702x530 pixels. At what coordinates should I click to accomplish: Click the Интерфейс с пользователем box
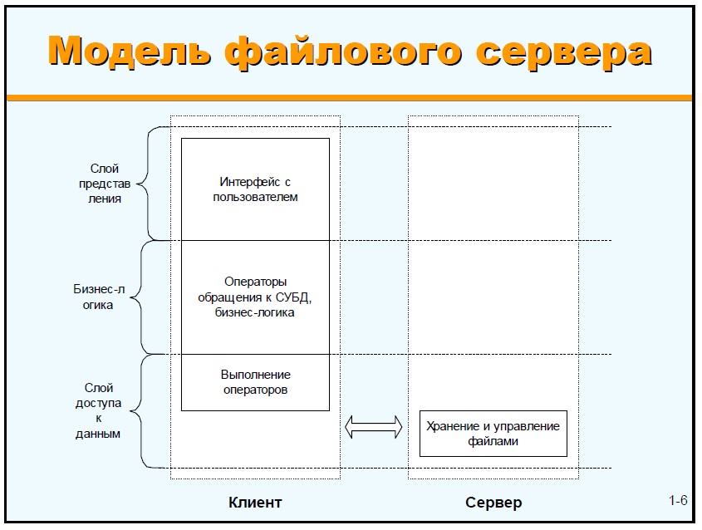pyautogui.click(x=255, y=189)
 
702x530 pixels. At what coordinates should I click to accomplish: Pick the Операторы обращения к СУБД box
pyautogui.click(x=255, y=297)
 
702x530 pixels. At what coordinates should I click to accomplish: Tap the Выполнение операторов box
pyautogui.click(x=255, y=382)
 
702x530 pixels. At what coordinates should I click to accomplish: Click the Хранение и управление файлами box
pyautogui.click(x=493, y=434)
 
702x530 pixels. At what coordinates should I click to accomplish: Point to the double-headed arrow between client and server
pyautogui.click(x=373, y=428)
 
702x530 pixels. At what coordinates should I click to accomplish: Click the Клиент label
pyautogui.click(x=255, y=503)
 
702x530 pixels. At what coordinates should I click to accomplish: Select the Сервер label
pyautogui.click(x=493, y=503)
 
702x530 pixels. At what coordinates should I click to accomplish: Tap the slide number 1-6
pyautogui.click(x=678, y=501)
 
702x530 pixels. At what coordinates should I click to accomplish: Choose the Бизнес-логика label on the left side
pyautogui.click(x=100, y=297)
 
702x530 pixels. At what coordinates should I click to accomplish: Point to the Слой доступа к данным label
pyautogui.click(x=99, y=410)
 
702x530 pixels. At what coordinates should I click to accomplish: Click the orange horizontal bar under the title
pyautogui.click(x=349, y=98)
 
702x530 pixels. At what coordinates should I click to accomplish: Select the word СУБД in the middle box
pyautogui.click(x=292, y=297)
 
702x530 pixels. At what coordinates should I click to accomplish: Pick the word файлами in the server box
pyautogui.click(x=493, y=441)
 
